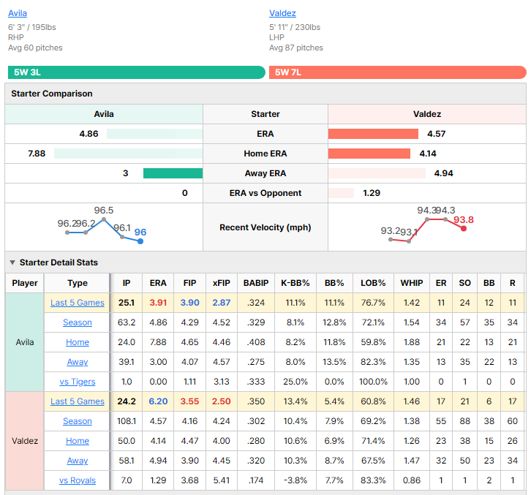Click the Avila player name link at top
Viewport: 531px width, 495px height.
(x=18, y=13)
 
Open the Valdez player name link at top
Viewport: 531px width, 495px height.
(x=282, y=13)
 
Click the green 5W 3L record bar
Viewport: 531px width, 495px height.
(x=137, y=72)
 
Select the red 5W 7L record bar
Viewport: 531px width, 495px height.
(x=398, y=72)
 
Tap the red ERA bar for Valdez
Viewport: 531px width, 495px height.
(x=373, y=134)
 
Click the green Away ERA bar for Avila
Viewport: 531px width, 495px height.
(x=173, y=173)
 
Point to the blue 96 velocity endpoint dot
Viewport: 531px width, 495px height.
(x=140, y=241)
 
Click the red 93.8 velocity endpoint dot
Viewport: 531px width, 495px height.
(x=464, y=229)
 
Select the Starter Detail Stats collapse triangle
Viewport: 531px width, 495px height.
(x=12, y=262)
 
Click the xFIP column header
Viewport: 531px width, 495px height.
(x=222, y=283)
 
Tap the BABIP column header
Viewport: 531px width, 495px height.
(x=256, y=283)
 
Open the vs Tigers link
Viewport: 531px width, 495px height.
(x=78, y=382)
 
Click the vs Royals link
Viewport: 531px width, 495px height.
(x=78, y=480)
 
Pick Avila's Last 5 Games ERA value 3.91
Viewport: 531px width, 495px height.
(x=158, y=303)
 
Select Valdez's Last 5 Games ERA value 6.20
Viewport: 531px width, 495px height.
(x=158, y=401)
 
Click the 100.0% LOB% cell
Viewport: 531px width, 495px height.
(x=373, y=382)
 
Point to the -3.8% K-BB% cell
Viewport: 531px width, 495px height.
(x=295, y=480)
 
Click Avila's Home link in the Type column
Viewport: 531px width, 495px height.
(x=78, y=342)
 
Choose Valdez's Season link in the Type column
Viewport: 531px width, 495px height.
(x=78, y=421)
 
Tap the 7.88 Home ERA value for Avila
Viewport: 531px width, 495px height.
(x=37, y=154)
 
